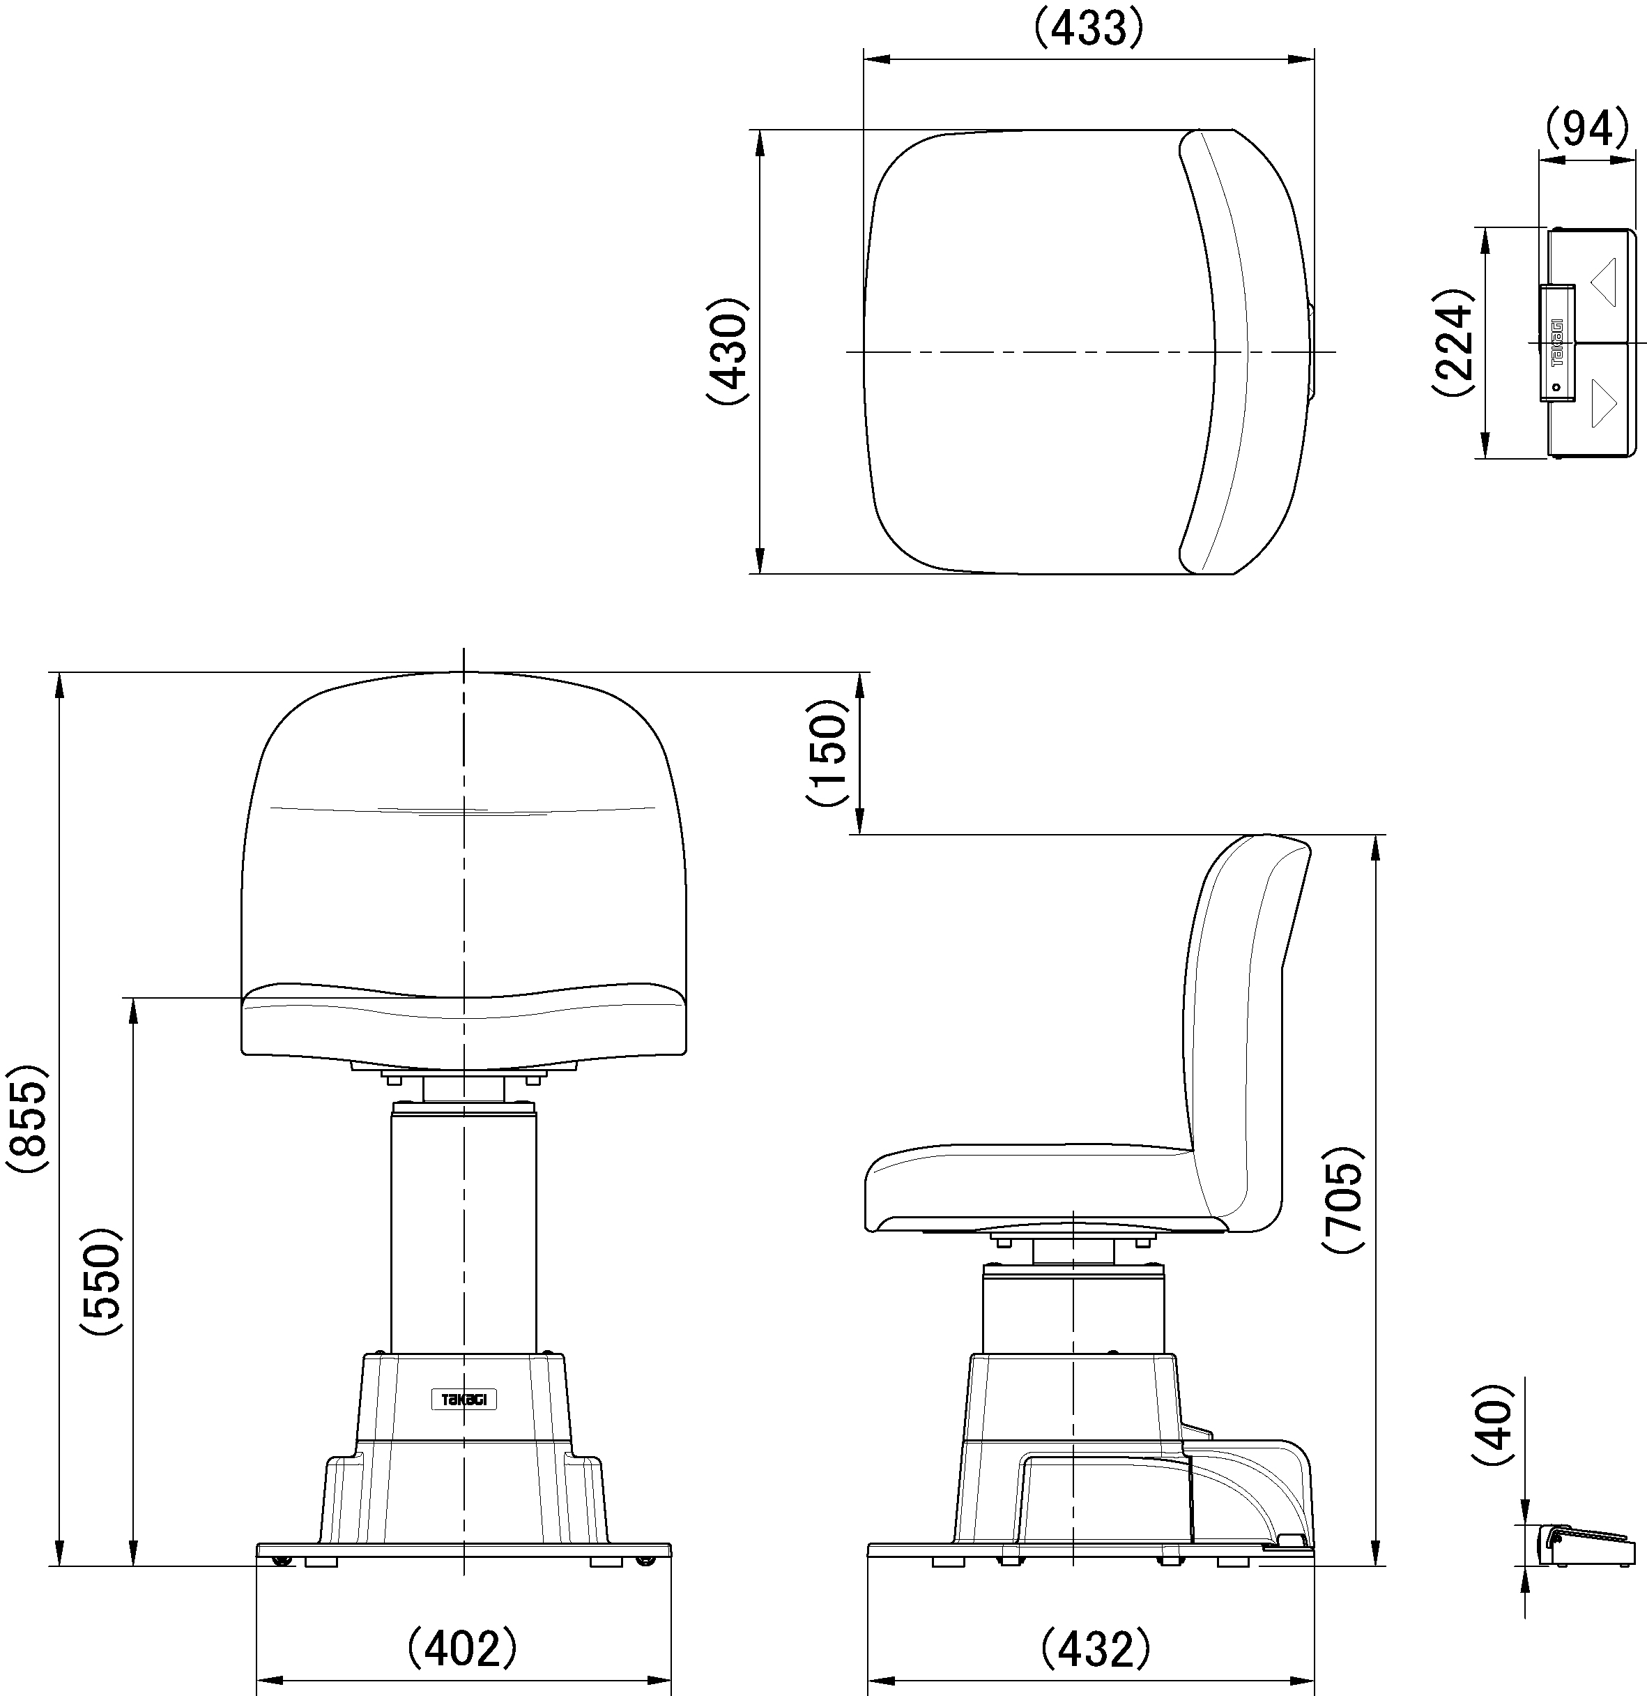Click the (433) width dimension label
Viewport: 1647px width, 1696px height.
tap(1089, 29)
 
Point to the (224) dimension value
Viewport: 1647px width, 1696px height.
tap(1453, 342)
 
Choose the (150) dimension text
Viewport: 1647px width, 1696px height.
tap(828, 753)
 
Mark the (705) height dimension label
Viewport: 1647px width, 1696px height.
tap(1342, 1199)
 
